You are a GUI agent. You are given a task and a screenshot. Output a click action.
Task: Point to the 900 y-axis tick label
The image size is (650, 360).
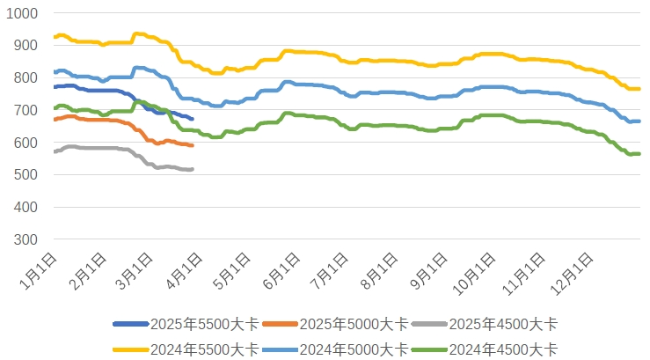24,46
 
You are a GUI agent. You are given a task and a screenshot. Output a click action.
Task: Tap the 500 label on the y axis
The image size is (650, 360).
24,175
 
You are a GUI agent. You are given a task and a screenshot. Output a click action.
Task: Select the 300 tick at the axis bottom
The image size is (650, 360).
24,239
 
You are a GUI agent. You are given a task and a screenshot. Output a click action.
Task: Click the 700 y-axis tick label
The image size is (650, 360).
24,110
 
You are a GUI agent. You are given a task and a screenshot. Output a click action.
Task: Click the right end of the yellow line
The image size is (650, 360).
639,89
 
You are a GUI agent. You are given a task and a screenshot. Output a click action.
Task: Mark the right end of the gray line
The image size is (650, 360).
192,169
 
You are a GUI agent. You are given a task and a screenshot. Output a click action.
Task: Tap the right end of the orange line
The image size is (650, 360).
192,144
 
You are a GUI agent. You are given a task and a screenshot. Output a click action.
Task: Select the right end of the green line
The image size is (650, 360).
639,154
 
